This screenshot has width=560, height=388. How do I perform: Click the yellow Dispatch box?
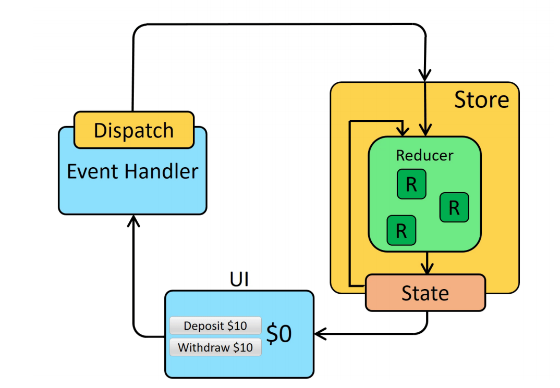pos(133,130)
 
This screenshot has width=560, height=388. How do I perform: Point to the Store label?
pos(481,99)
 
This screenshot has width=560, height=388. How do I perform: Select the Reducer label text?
pos(424,155)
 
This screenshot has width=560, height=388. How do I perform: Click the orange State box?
pos(425,293)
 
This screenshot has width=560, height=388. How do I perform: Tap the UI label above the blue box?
pos(239,280)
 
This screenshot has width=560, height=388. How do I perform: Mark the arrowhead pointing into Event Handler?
pos(134,220)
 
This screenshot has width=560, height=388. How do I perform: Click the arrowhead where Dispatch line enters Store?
pos(425,76)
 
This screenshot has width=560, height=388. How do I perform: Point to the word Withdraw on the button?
pos(200,347)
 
